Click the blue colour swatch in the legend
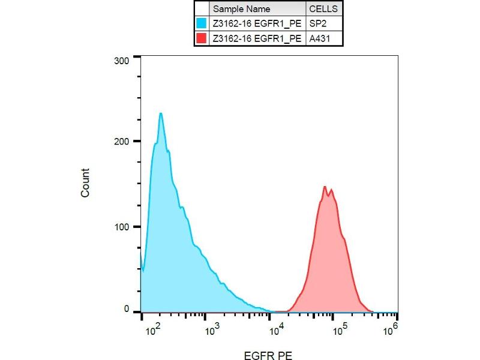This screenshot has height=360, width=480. (x=202, y=23)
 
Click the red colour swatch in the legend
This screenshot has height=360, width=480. (x=202, y=38)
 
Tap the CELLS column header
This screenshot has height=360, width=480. (x=323, y=9)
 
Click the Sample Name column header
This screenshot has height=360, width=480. (x=242, y=9)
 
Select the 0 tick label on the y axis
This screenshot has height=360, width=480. (x=127, y=309)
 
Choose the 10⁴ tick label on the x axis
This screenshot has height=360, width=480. (x=276, y=328)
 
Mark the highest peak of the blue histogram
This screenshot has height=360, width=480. (x=160, y=113)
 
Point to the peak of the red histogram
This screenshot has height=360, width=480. (x=325, y=187)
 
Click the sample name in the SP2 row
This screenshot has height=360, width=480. (x=257, y=23)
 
